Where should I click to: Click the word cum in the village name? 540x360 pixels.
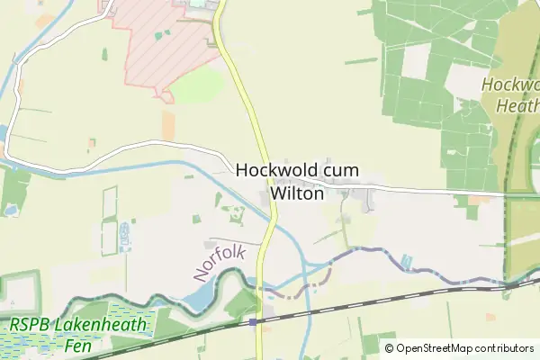pos(342,169)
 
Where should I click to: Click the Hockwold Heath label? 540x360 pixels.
pos(509,94)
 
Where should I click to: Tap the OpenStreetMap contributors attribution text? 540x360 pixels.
pos(459,348)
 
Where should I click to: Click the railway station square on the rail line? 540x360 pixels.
pos(253,321)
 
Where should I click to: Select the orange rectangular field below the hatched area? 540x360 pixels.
pos(168,124)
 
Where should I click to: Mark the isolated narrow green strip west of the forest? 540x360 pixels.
pos(360,61)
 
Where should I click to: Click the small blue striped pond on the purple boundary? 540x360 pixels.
pos(407,262)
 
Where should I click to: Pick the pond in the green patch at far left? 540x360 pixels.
pos(10,209)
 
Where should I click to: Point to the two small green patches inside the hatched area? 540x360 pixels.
pos(162,34)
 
